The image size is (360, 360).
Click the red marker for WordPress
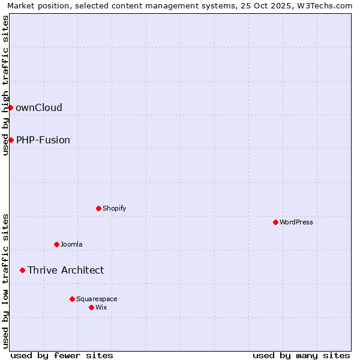point(275,222)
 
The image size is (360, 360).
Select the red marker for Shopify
point(98,208)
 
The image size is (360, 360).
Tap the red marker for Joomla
point(56,244)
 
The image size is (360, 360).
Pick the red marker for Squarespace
point(72,299)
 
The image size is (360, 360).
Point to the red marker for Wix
point(91,307)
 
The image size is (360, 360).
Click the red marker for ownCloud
point(10,107)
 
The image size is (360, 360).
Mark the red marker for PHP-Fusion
point(11,140)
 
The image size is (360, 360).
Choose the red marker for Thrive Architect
point(22,270)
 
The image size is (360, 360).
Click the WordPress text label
point(296,222)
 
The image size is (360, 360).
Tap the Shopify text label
point(115,208)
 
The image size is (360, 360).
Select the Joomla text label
point(71,244)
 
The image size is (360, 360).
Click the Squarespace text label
point(97,299)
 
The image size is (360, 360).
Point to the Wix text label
point(101,307)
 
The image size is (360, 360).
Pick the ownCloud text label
point(39,107)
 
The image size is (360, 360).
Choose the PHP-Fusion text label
point(43,140)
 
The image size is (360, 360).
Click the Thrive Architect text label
point(66,270)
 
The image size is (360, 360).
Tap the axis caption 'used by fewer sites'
point(62,355)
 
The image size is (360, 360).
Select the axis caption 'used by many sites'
point(301,355)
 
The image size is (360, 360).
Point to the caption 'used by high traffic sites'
point(5,85)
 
